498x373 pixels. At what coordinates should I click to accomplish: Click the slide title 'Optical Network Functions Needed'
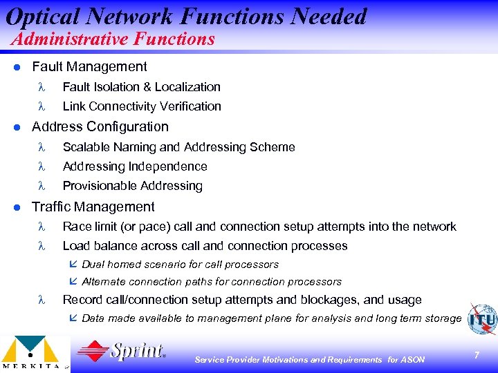tap(185, 16)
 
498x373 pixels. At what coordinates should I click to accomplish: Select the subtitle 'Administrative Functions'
tap(113, 39)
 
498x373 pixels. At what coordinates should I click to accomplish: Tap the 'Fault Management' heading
tap(89, 67)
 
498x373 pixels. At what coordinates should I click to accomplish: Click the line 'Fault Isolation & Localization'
tap(141, 87)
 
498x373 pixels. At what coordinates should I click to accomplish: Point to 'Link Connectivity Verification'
tap(142, 106)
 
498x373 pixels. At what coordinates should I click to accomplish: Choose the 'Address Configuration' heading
tap(100, 127)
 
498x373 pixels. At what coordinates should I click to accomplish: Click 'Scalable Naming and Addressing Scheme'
tap(178, 147)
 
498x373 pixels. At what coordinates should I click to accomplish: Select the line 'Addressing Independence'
tap(135, 166)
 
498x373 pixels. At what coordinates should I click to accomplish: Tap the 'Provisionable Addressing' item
tap(132, 186)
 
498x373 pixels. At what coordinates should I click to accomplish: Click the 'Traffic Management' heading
tap(93, 207)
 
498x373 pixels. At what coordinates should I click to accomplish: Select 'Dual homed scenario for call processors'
tap(180, 265)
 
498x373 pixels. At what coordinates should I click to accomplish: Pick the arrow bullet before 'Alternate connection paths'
tap(75, 282)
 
